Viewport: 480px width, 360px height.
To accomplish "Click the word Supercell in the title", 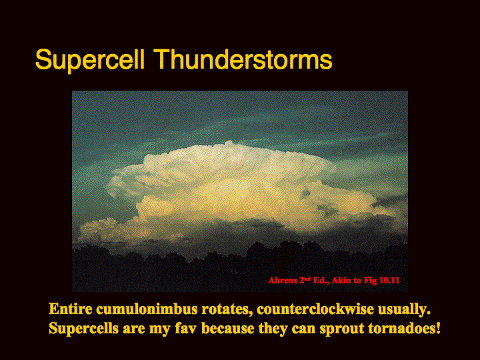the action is point(90,60).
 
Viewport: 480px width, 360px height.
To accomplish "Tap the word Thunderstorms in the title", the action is point(243,59).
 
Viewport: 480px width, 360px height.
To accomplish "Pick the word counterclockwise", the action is point(315,309).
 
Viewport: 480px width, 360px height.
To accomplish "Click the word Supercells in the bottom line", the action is point(83,329).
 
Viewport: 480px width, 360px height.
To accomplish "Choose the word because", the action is point(228,329).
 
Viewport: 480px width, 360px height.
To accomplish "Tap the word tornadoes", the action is point(404,329).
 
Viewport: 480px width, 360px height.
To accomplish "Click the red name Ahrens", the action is point(283,281).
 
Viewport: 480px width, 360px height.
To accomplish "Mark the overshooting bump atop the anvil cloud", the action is point(229,143).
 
